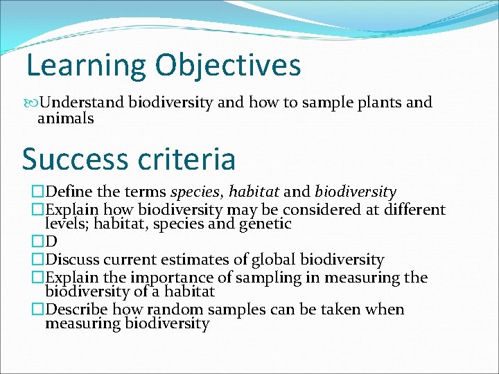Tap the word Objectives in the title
click(228, 65)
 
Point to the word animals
click(65, 118)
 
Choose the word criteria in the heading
click(189, 159)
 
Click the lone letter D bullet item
click(51, 242)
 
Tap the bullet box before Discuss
click(37, 260)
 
